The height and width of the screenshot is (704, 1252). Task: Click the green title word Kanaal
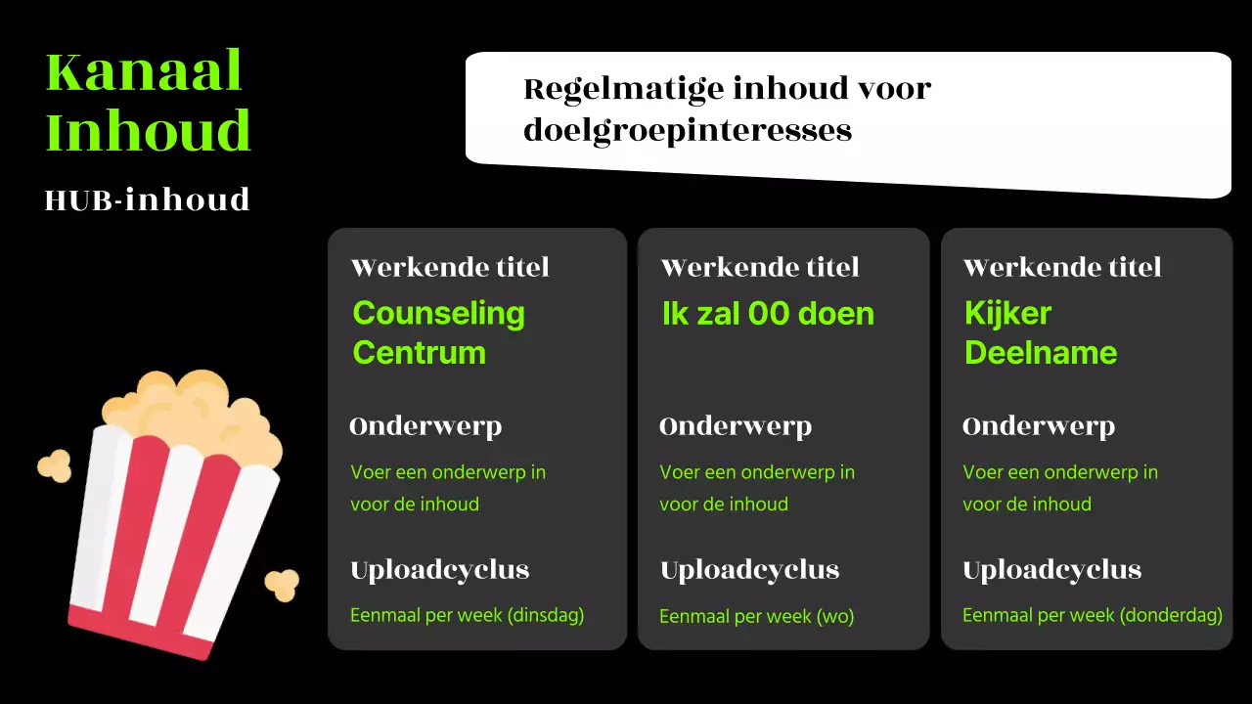click(x=144, y=72)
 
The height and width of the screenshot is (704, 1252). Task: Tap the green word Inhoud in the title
click(x=149, y=131)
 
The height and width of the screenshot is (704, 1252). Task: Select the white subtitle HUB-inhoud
click(x=148, y=199)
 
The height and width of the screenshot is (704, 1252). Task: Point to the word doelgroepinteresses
click(x=688, y=130)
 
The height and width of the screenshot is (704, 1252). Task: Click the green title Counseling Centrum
click(x=438, y=332)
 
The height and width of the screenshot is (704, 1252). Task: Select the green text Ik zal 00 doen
click(x=768, y=314)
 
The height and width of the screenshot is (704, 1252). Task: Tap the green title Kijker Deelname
click(x=1040, y=332)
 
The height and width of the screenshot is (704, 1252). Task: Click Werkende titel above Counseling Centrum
click(x=450, y=267)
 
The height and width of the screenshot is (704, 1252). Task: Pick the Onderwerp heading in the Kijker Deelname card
click(x=1039, y=426)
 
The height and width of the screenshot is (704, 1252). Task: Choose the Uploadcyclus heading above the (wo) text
click(x=749, y=570)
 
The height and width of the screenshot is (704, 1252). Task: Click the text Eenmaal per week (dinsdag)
click(x=467, y=616)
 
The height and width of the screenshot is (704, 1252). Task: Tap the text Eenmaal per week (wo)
click(x=756, y=617)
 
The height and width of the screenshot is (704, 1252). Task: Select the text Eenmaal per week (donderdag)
click(x=1092, y=616)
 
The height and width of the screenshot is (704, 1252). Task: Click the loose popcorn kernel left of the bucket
click(x=55, y=465)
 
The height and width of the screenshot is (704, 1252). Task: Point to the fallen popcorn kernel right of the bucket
click(x=283, y=584)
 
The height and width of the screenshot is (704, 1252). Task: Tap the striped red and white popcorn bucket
click(x=171, y=538)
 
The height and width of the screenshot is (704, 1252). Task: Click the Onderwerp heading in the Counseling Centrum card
click(x=425, y=426)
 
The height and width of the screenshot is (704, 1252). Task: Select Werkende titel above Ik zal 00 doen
click(x=760, y=267)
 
